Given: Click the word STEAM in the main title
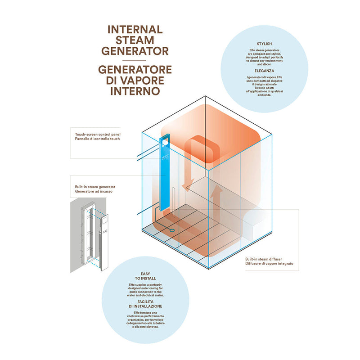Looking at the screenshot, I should point(135,40).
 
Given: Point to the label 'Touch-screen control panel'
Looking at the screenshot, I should point(98,134).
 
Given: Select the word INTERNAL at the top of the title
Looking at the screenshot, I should point(135,30).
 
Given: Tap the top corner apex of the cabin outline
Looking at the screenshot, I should point(205,96).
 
